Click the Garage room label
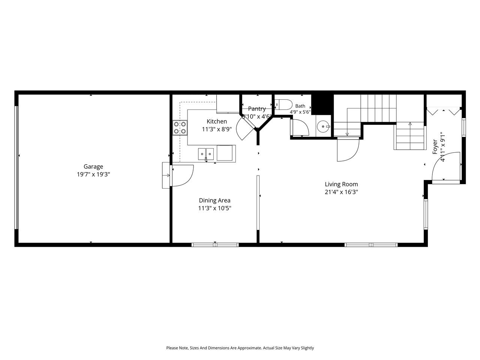[93, 167]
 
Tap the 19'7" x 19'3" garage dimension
[93, 174]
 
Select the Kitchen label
[217, 121]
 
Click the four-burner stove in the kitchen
[180, 127]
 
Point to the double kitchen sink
[206, 154]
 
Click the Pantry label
[257, 109]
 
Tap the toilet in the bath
[283, 105]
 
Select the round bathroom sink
[323, 126]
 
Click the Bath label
[300, 106]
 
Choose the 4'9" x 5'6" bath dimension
[300, 112]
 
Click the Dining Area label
[214, 200]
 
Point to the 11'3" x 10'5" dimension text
[214, 208]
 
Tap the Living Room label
[341, 184]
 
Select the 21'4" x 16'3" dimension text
[341, 192]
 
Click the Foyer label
[435, 147]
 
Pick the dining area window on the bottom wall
[215, 245]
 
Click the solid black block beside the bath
[322, 105]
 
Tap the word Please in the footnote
[172, 348]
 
